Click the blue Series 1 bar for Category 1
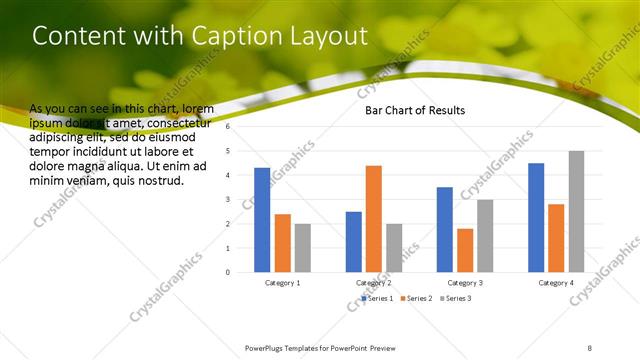262,219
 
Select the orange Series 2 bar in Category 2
374,218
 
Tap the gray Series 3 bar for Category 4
577,211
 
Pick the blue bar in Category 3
445,229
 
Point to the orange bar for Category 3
465,250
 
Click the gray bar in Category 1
303,247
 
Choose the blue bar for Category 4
536,217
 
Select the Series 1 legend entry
378,298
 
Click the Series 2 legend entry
417,298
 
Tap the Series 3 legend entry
456,298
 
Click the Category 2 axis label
374,283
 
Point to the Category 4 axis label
557,283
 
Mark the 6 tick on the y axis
228,127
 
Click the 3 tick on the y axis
228,199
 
